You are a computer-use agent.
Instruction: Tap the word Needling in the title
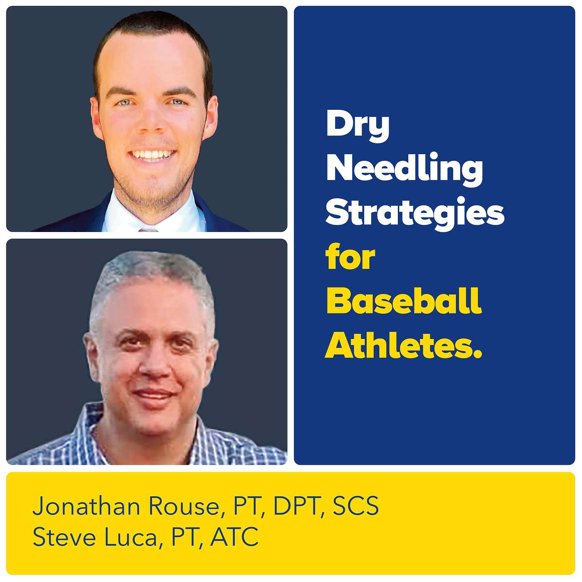pos(404,170)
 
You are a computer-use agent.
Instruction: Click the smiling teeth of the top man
pos(152,155)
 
